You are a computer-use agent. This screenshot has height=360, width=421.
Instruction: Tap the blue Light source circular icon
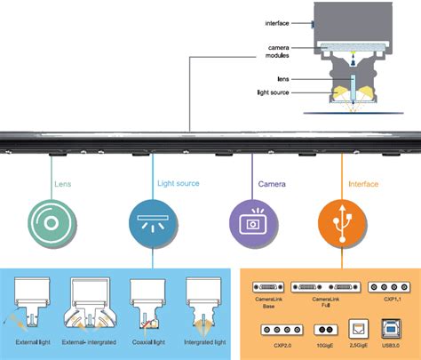pos(151,220)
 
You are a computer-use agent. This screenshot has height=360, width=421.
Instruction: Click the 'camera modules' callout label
pos(257,51)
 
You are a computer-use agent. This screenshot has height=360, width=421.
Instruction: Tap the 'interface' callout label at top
pos(254,23)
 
